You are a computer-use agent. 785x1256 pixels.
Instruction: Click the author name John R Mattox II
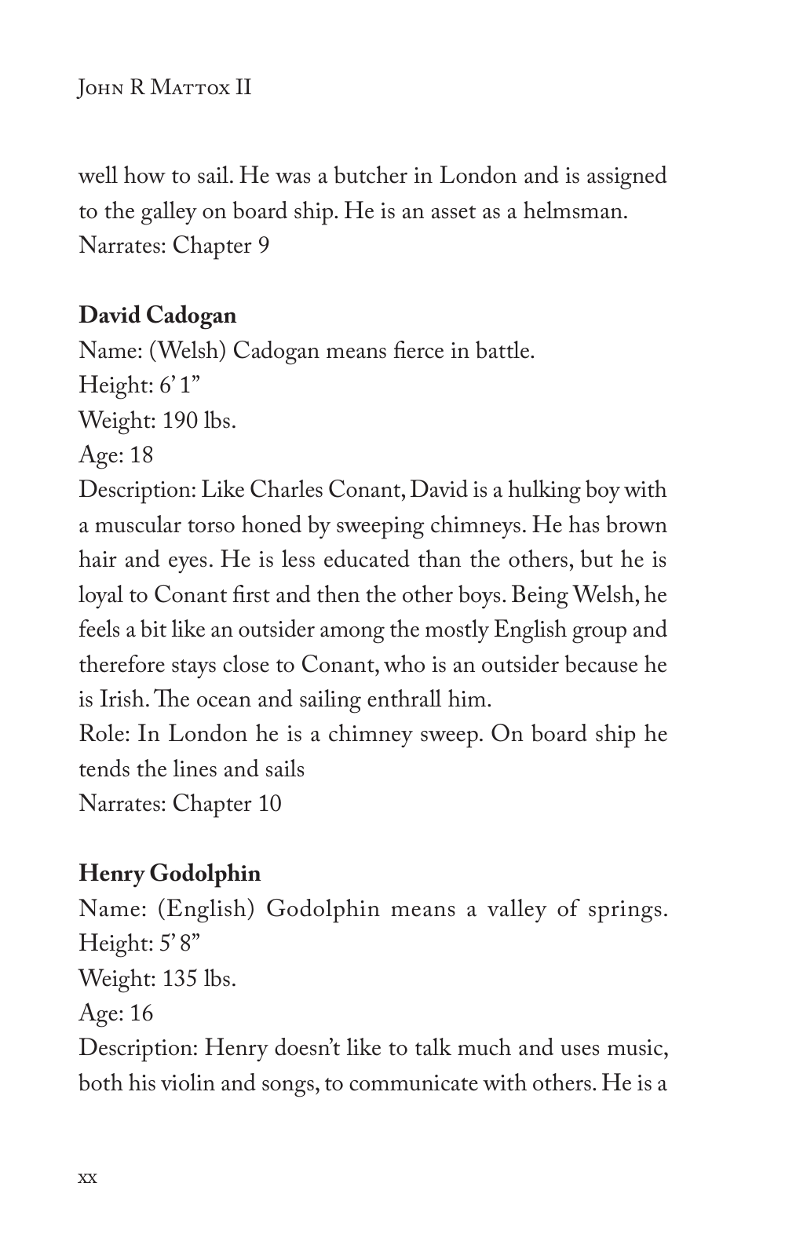tap(165, 86)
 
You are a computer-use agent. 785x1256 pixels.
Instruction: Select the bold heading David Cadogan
tap(157, 316)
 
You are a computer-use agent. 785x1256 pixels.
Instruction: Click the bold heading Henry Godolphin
tap(170, 873)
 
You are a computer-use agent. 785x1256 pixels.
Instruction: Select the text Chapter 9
tap(221, 246)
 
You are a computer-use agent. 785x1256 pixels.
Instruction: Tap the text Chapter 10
tap(226, 804)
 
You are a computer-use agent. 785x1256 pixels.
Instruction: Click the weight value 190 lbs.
tap(199, 421)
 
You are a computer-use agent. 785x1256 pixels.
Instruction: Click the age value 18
tap(142, 455)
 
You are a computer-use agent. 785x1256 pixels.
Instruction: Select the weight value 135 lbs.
tap(199, 979)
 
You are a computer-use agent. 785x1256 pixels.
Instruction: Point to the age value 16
tap(142, 1013)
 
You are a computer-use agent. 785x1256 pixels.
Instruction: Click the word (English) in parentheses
tap(206, 909)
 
